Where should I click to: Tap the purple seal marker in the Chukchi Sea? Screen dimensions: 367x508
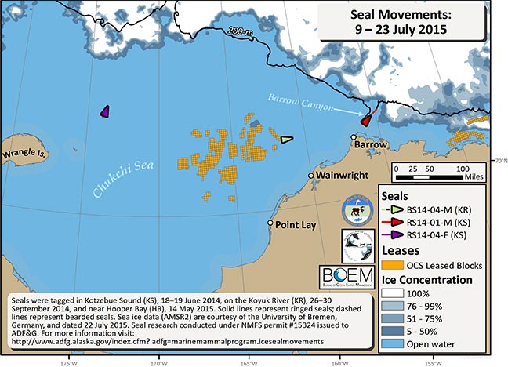[104, 112]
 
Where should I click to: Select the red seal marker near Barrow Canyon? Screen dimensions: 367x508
[365, 118]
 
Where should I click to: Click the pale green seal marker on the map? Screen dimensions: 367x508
[287, 140]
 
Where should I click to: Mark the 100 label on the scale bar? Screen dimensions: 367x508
[462, 169]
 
